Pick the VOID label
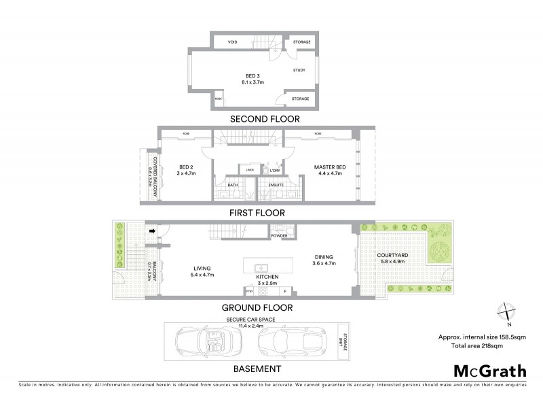point(232,42)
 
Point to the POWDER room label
point(279,236)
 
